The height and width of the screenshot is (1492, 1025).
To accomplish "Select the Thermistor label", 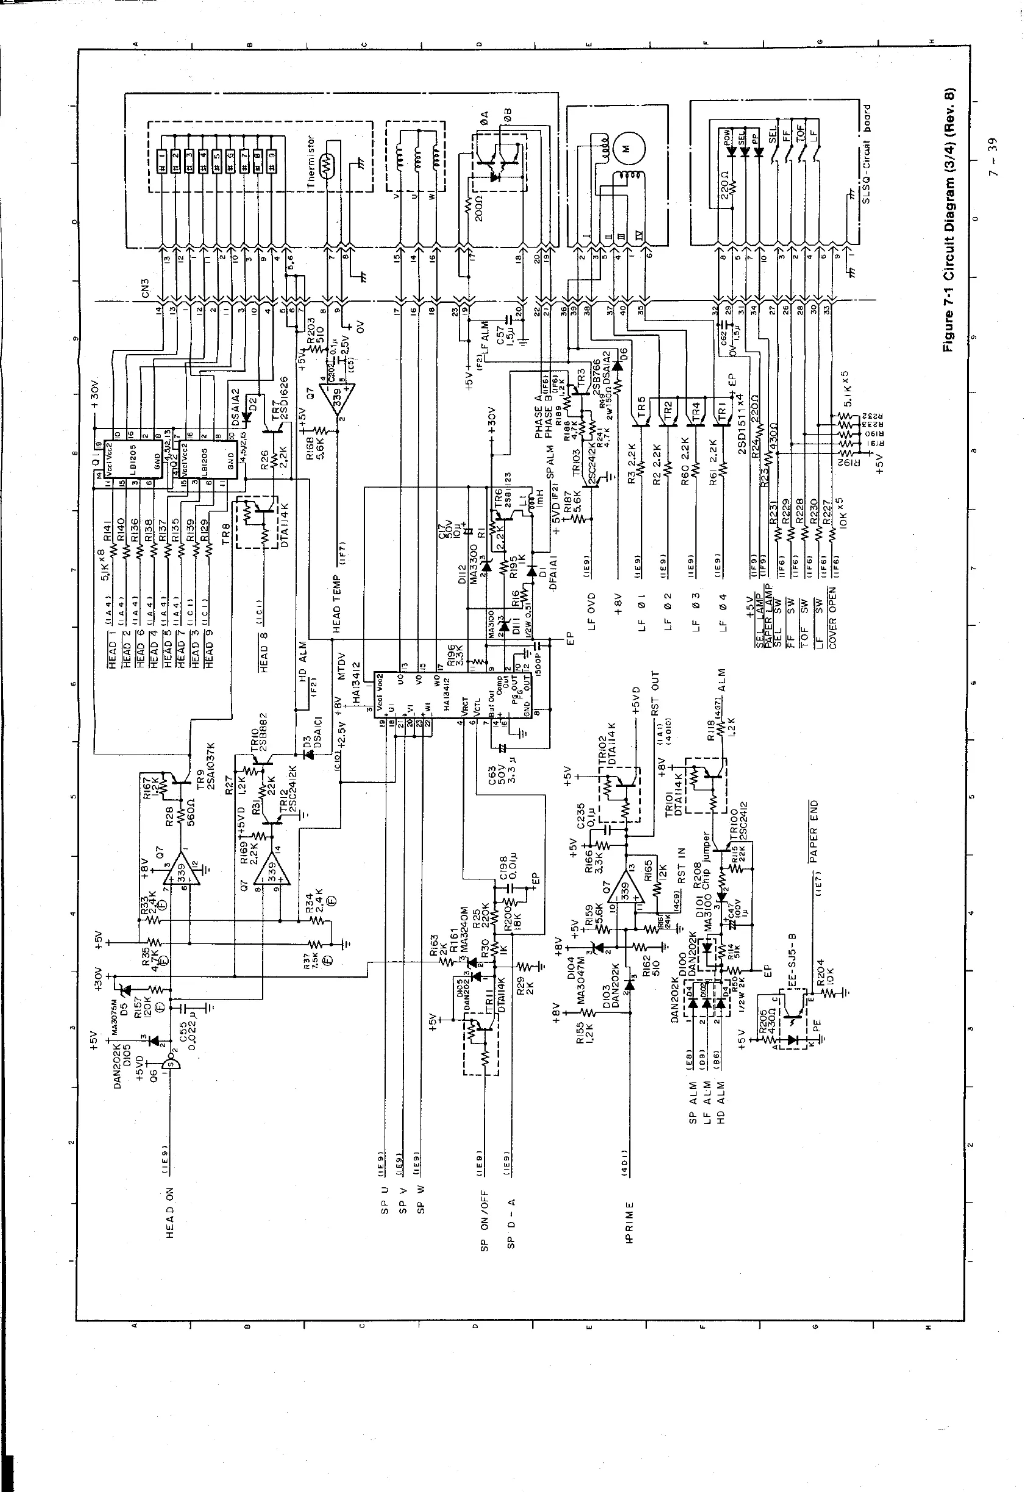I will coord(311,162).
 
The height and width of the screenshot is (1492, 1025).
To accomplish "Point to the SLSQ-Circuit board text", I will coord(867,154).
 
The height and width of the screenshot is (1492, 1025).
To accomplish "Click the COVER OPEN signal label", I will coord(832,617).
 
